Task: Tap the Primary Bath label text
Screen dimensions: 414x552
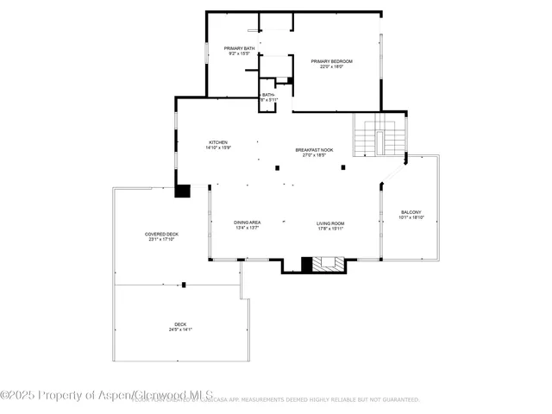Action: [x=239, y=48]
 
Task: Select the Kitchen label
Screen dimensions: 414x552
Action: [x=217, y=142]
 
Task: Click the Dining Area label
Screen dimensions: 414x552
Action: [x=247, y=223]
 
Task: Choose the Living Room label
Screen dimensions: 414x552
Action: [x=329, y=223]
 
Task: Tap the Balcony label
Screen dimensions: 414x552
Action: [x=411, y=212]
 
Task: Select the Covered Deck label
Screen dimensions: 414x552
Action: [x=161, y=234]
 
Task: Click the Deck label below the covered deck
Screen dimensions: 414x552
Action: [x=180, y=323]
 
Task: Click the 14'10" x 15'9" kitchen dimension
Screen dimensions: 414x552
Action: [x=217, y=148]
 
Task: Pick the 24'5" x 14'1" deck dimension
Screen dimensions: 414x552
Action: [x=180, y=329]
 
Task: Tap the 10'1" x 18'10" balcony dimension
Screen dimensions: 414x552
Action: [x=411, y=218]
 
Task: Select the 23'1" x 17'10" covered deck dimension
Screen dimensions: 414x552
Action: [x=161, y=240]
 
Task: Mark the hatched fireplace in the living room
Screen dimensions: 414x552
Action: [x=328, y=264]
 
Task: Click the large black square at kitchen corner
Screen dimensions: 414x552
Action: [x=182, y=190]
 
